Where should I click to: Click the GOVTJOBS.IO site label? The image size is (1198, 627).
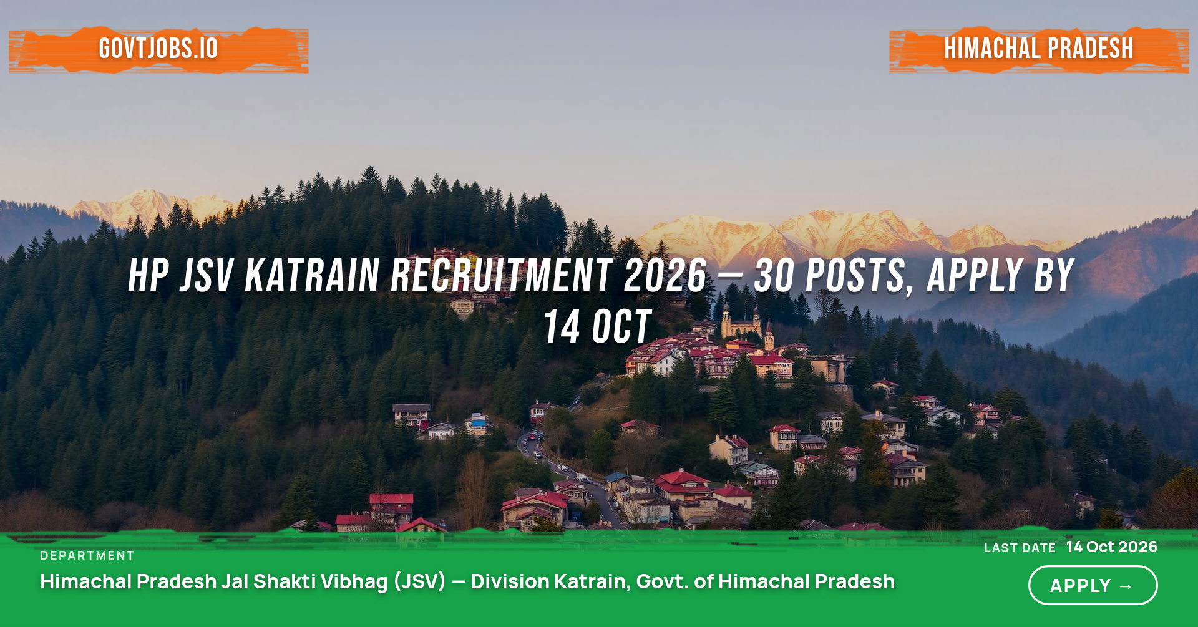(x=158, y=49)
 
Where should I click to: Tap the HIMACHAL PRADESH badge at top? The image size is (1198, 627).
(x=1039, y=49)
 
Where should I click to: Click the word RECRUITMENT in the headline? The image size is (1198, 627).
(x=501, y=275)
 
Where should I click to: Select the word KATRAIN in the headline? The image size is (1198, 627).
(x=313, y=275)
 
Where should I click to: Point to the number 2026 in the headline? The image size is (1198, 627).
(x=666, y=275)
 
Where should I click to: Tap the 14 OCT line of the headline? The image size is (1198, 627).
(x=598, y=326)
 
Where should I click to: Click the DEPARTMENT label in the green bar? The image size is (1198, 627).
(x=87, y=555)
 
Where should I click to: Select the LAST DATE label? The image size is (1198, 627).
(x=1020, y=548)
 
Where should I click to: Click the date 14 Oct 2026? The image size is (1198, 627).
(x=1112, y=547)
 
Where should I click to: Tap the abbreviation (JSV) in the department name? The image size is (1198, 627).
(x=420, y=581)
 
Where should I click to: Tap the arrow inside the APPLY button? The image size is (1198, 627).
(x=1126, y=586)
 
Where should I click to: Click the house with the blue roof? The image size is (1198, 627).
(x=478, y=423)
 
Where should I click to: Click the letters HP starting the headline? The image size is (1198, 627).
(x=149, y=275)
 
